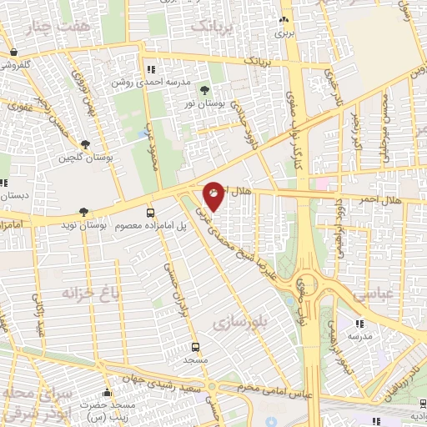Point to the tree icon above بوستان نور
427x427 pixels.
[x=205, y=90]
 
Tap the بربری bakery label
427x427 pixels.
[x=285, y=33]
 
